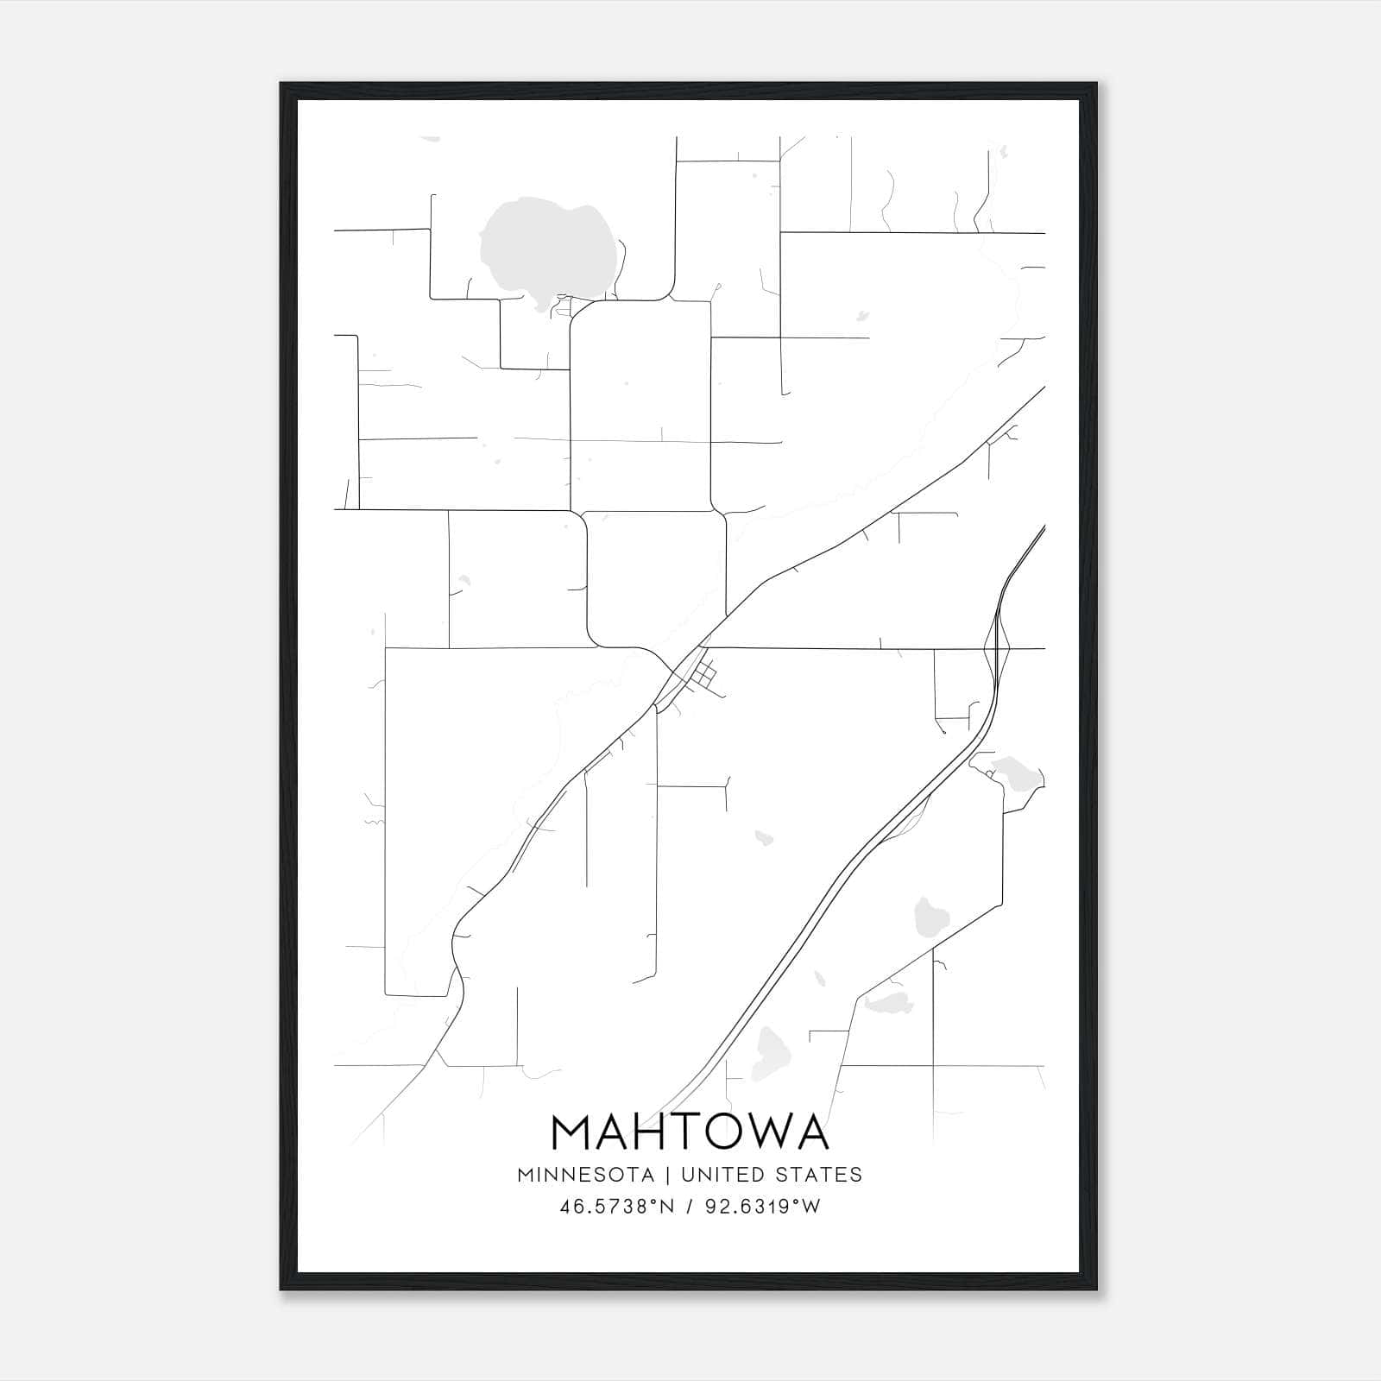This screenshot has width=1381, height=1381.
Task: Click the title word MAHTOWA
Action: coord(690,1132)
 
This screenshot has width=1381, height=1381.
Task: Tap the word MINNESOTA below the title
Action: coord(585,1175)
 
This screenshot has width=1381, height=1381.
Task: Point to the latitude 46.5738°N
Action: coord(617,1207)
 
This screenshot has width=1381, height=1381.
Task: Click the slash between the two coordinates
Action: coord(689,1207)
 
